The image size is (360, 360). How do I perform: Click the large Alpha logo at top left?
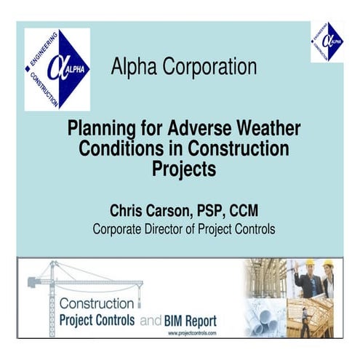click(x=57, y=70)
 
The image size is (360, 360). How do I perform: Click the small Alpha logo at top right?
click(x=327, y=41)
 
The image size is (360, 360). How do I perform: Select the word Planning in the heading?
click(x=97, y=129)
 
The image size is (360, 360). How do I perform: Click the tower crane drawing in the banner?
click(x=73, y=280)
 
